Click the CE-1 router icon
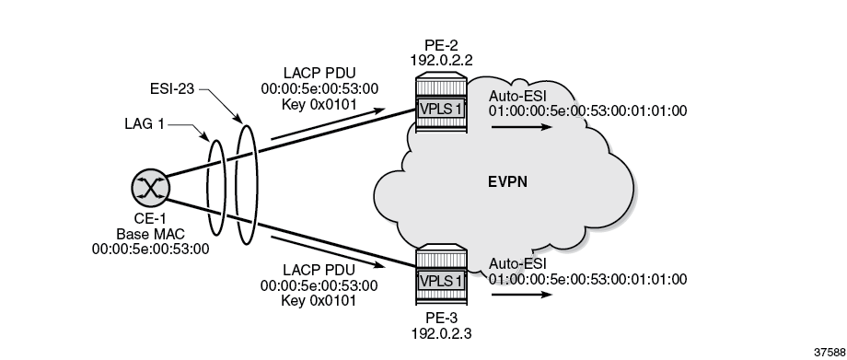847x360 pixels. click(x=147, y=188)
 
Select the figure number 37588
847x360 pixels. click(x=825, y=351)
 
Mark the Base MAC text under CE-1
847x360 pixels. click(x=147, y=235)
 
